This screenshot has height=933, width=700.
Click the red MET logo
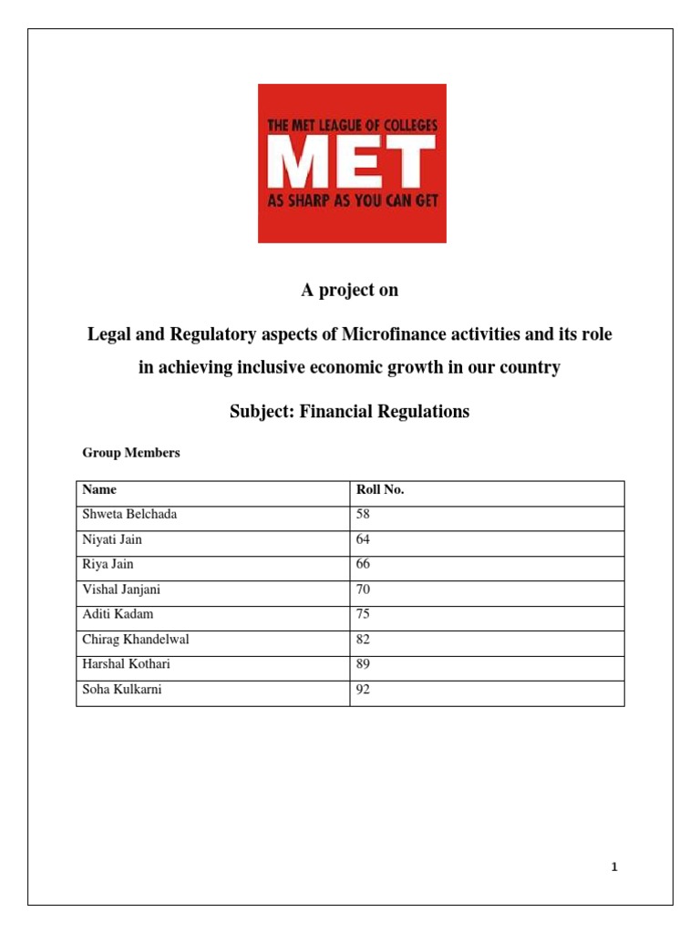coord(352,163)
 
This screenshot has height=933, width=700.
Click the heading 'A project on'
coord(350,291)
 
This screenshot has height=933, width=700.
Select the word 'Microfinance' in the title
coord(396,334)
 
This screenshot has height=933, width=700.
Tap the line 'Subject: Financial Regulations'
coord(350,411)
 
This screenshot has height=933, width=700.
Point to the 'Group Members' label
coord(131,453)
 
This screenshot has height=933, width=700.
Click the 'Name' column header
coord(99,489)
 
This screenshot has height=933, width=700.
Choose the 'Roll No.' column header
coord(380,489)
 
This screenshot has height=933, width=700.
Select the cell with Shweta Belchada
coord(129,515)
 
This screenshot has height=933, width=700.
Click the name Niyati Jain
coord(112,539)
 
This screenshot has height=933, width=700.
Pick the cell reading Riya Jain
coord(108,564)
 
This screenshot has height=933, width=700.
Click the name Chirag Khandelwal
coord(136,640)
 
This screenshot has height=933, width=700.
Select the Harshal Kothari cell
coord(127,664)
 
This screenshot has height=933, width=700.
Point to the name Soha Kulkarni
coord(121,690)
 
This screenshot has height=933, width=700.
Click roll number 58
coord(364,515)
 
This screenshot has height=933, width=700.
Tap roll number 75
coord(364,614)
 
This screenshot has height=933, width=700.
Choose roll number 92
coord(364,690)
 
